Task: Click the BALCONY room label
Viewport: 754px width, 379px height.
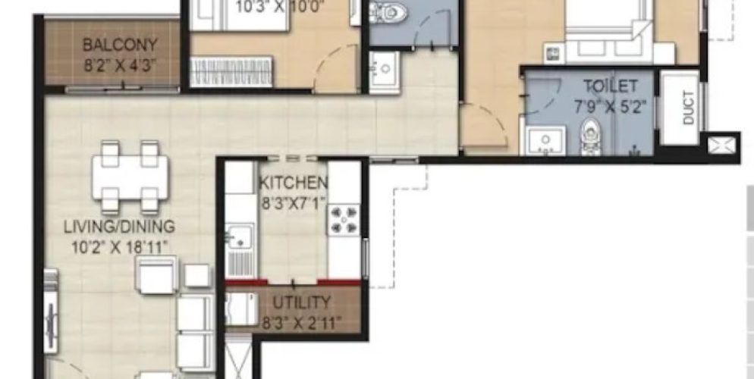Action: click(x=111, y=43)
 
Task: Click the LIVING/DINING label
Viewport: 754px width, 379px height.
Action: click(x=119, y=226)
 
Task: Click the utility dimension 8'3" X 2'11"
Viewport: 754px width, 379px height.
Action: click(x=300, y=322)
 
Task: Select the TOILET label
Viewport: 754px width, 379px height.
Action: click(x=610, y=86)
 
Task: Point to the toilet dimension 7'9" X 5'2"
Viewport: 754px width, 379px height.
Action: click(x=614, y=107)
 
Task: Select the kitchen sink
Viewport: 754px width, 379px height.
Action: click(x=240, y=235)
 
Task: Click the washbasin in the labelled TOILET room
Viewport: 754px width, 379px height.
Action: click(x=545, y=139)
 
